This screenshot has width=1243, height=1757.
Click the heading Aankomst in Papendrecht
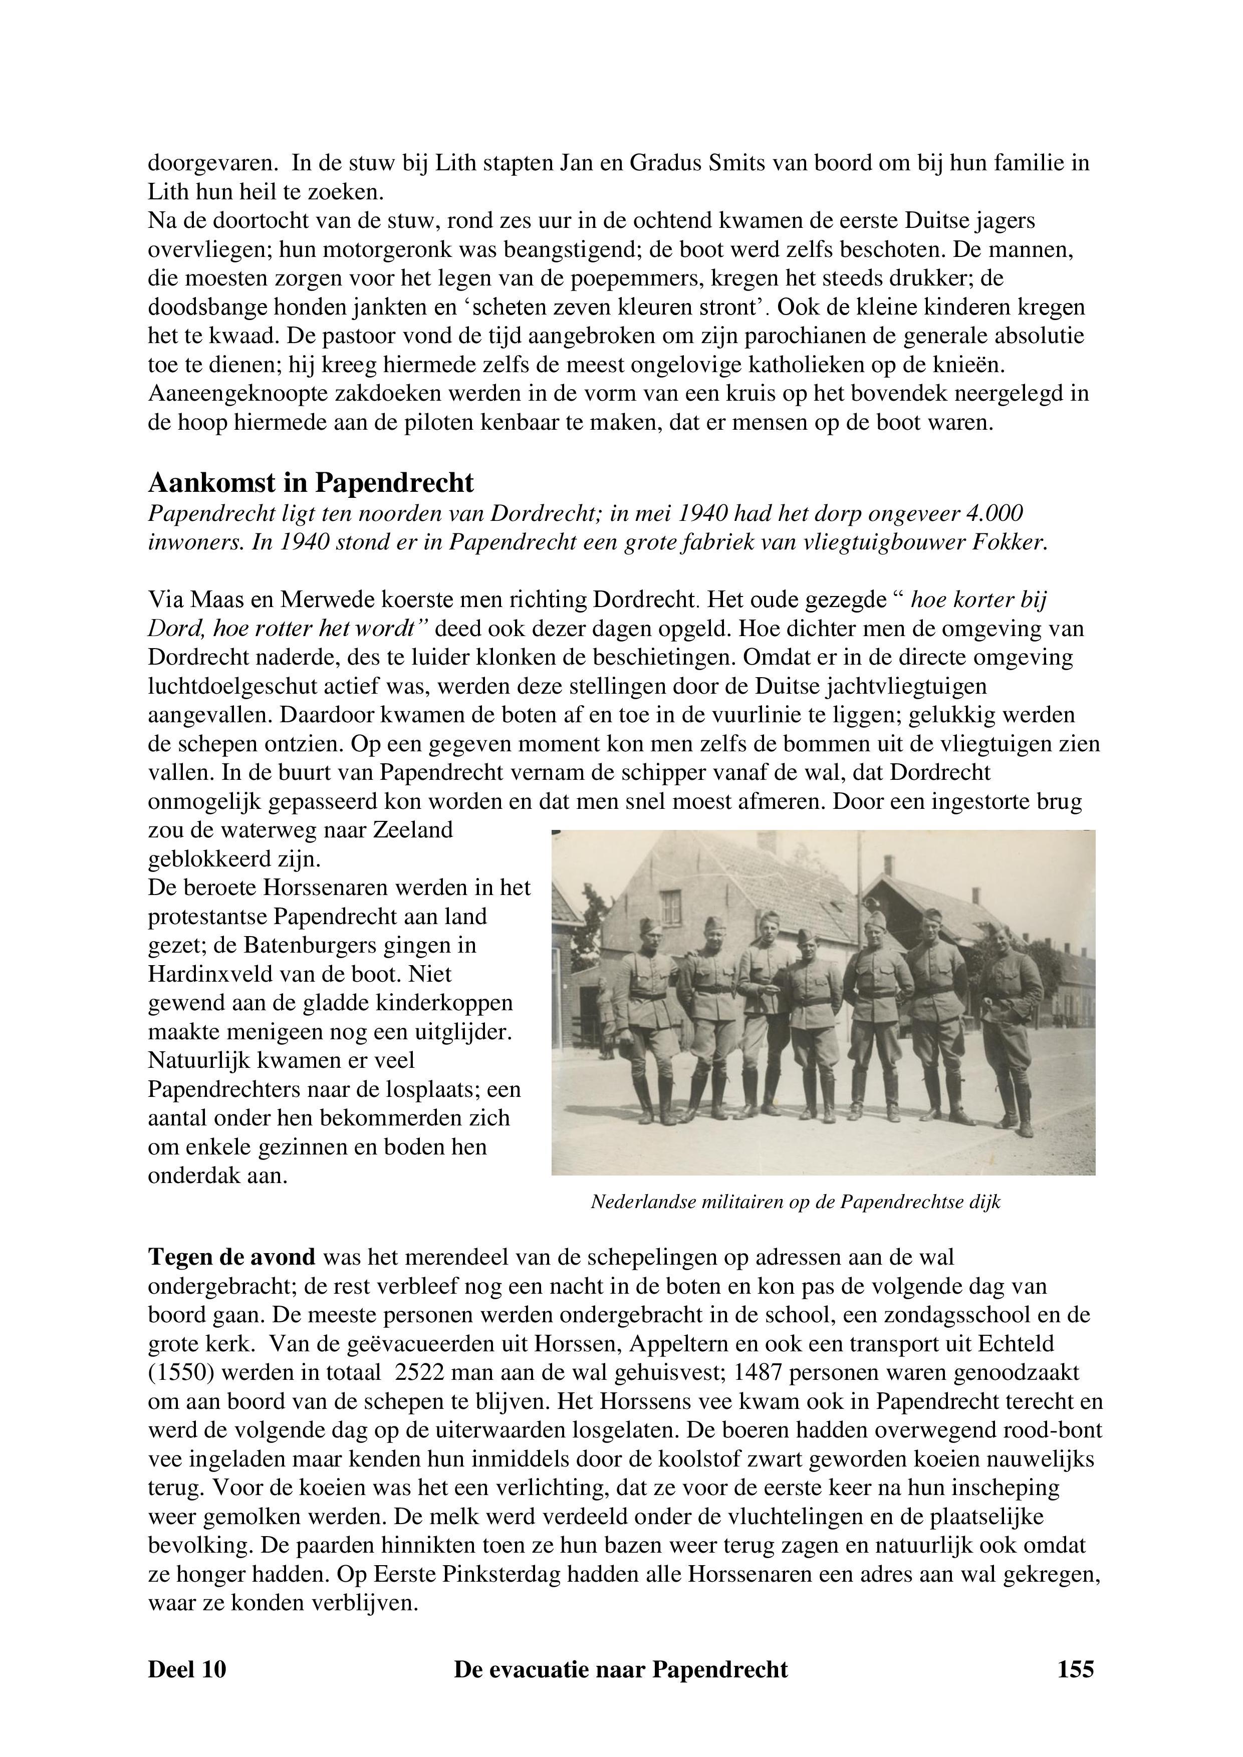coord(311,483)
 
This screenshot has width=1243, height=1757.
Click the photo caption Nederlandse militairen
coord(795,1202)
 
